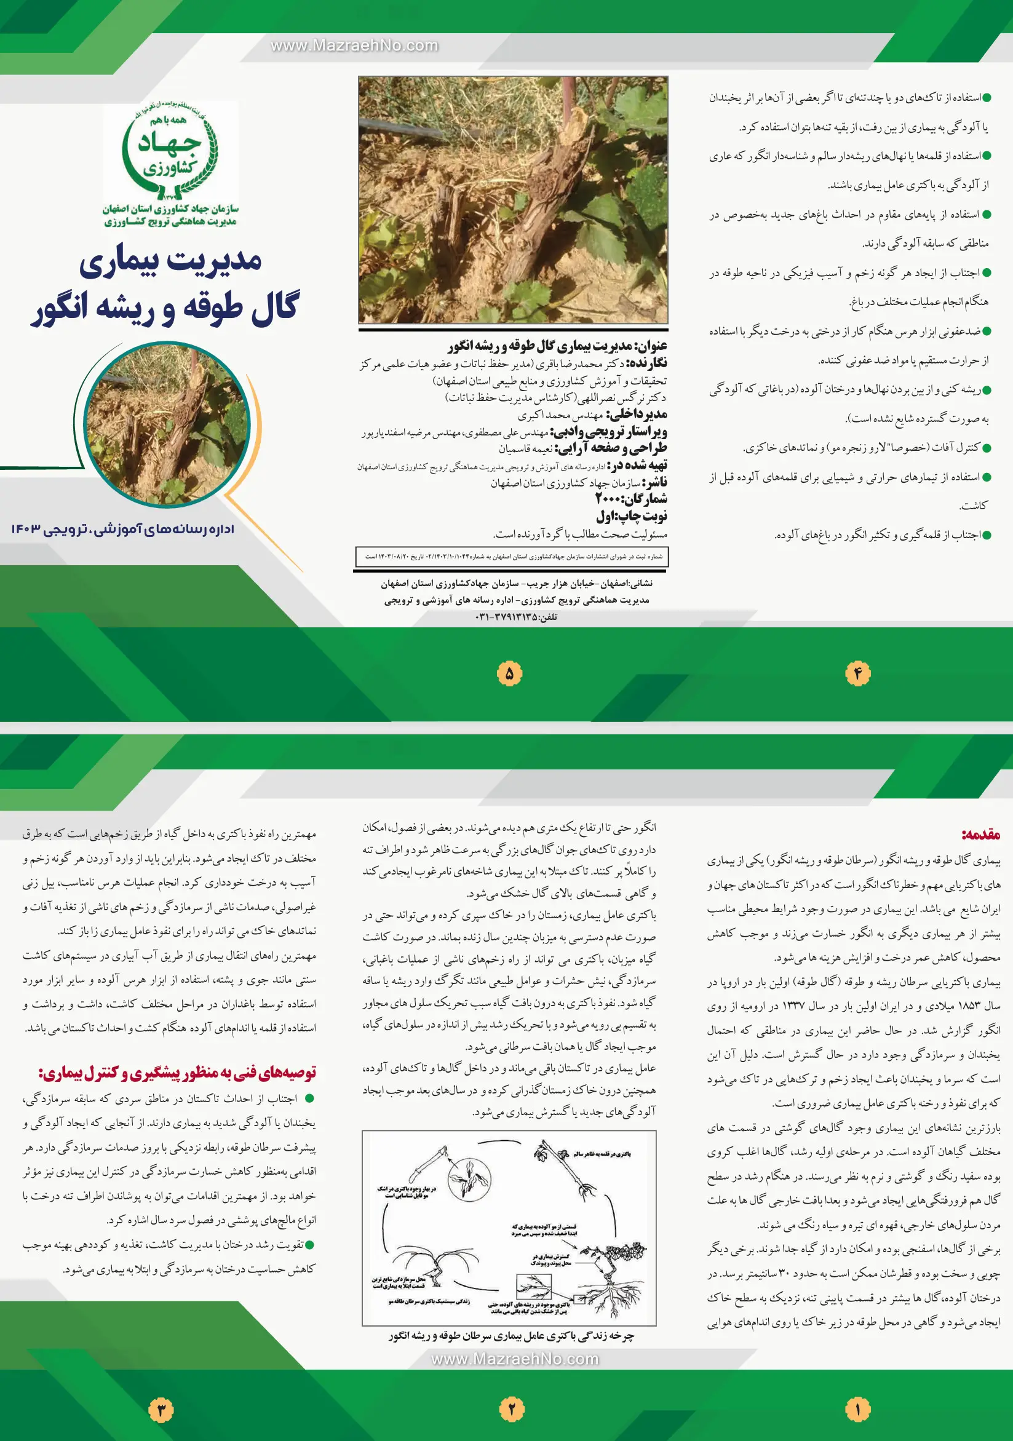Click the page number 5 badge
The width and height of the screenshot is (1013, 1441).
click(x=509, y=673)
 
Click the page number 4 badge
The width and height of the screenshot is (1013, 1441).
click(x=857, y=673)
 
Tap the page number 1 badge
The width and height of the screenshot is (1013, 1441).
click(x=857, y=1410)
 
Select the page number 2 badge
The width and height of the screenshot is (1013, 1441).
click(x=511, y=1410)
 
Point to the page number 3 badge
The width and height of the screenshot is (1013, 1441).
click(x=161, y=1410)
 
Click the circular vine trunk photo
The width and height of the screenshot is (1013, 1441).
click(x=167, y=425)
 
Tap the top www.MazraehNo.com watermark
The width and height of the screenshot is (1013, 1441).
click(x=354, y=45)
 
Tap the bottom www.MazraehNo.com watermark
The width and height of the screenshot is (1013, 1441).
click(x=515, y=1359)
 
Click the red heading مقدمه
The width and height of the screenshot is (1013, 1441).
click(x=980, y=834)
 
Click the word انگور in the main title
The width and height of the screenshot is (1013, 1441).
click(x=63, y=308)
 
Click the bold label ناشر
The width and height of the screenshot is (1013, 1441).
click(x=655, y=482)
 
